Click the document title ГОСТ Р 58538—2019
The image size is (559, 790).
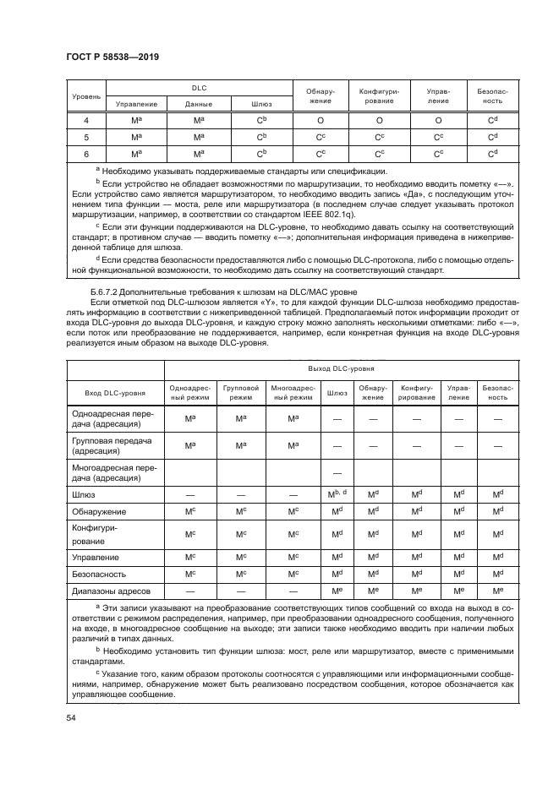pyautogui.click(x=112, y=56)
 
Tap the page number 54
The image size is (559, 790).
pyautogui.click(x=70, y=717)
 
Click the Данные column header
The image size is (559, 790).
pyautogui.click(x=198, y=104)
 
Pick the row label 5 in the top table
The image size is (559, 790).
pyautogui.click(x=85, y=137)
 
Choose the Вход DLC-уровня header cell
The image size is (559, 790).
pyautogui.click(x=116, y=394)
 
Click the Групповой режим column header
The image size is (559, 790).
pyautogui.click(x=241, y=394)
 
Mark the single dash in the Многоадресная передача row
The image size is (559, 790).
pyautogui.click(x=337, y=472)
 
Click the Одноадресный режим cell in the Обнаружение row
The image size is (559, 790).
pyautogui.click(x=190, y=513)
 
